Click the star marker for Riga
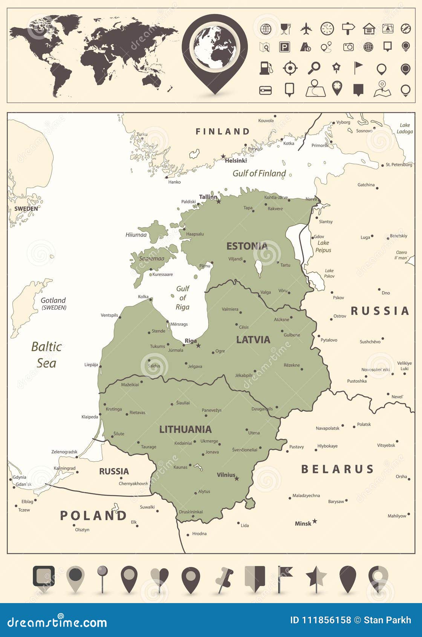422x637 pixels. pos(199,345)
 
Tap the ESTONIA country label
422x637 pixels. pos(247,246)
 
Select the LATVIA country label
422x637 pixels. pos(253,340)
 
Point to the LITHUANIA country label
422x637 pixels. pos(185,429)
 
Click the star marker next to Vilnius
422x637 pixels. pos(237,479)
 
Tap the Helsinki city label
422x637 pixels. pos(236,161)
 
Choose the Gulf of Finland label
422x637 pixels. pos(259,173)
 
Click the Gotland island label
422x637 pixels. pos(53,300)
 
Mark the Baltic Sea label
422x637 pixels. pos(46,355)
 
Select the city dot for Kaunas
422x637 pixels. pos(190,465)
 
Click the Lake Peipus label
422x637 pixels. pos(323,247)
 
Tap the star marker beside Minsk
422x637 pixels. pos(315,521)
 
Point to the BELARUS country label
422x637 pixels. pos(337,469)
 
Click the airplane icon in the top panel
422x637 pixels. pos(307,28)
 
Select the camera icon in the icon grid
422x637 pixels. pos(349,47)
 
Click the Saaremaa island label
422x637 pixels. pos(151,259)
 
